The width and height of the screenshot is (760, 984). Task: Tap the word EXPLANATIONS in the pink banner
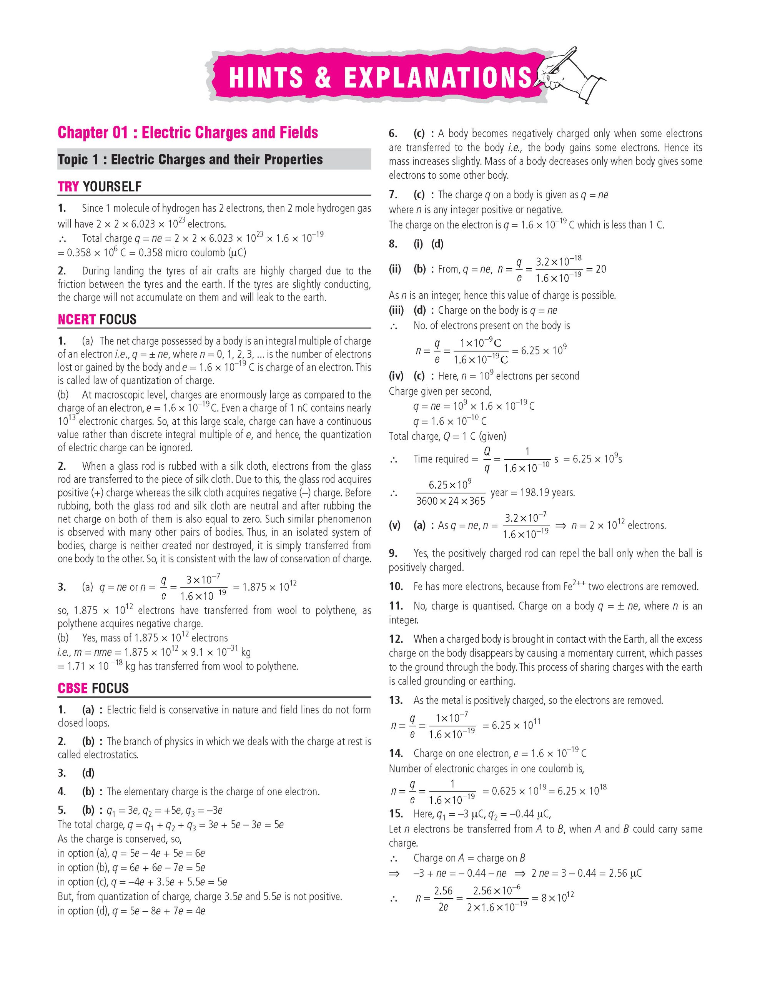438,78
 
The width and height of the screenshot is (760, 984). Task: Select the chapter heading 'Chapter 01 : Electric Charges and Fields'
188,133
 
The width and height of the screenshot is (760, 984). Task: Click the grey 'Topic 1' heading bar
214,160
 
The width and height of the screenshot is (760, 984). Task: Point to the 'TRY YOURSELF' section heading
100,186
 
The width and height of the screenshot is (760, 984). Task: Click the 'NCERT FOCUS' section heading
97,319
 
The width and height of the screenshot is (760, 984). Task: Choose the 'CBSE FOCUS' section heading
93,688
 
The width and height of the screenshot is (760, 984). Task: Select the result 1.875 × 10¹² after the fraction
269,587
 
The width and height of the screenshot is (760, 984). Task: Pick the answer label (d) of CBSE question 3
88,773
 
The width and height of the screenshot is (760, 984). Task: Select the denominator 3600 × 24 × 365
451,501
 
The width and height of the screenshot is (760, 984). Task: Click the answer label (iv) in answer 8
396,376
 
